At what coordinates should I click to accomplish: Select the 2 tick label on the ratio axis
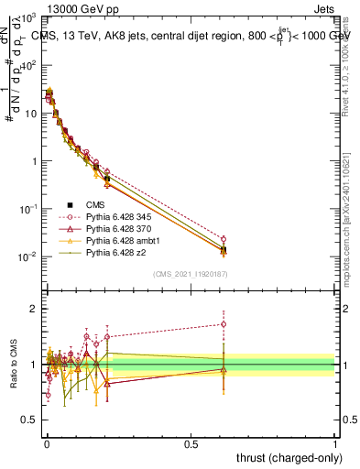tap(33, 309)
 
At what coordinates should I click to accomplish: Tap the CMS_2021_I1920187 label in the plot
tap(191, 273)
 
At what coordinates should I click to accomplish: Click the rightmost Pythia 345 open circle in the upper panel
tap(224, 239)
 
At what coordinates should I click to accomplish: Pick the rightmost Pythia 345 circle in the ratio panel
tap(224, 323)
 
